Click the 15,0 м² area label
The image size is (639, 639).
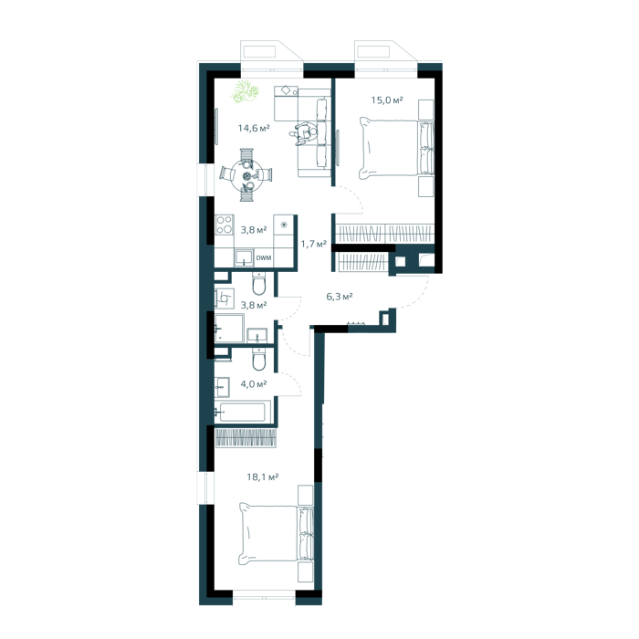tap(387, 100)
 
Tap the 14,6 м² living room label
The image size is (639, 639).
tap(254, 129)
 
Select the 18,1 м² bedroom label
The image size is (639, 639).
tap(263, 477)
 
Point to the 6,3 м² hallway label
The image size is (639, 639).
tap(340, 297)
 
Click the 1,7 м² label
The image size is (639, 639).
tap(314, 244)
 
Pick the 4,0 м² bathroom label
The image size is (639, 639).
tap(254, 384)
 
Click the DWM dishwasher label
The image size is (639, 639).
tap(263, 258)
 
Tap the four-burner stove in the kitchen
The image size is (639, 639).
tap(225, 225)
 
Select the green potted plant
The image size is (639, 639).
tap(245, 91)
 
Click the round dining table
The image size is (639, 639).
tap(247, 175)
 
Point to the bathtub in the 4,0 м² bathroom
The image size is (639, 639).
tap(243, 412)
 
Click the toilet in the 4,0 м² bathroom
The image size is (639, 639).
tap(258, 360)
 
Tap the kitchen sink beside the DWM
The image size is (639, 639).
tap(244, 258)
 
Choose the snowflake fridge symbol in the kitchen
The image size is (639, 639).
tap(284, 225)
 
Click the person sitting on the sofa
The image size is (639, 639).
tap(304, 133)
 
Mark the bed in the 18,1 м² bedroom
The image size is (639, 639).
tap(277, 534)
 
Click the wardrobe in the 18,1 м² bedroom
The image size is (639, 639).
tap(246, 437)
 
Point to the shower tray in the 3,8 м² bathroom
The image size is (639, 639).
tap(229, 328)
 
